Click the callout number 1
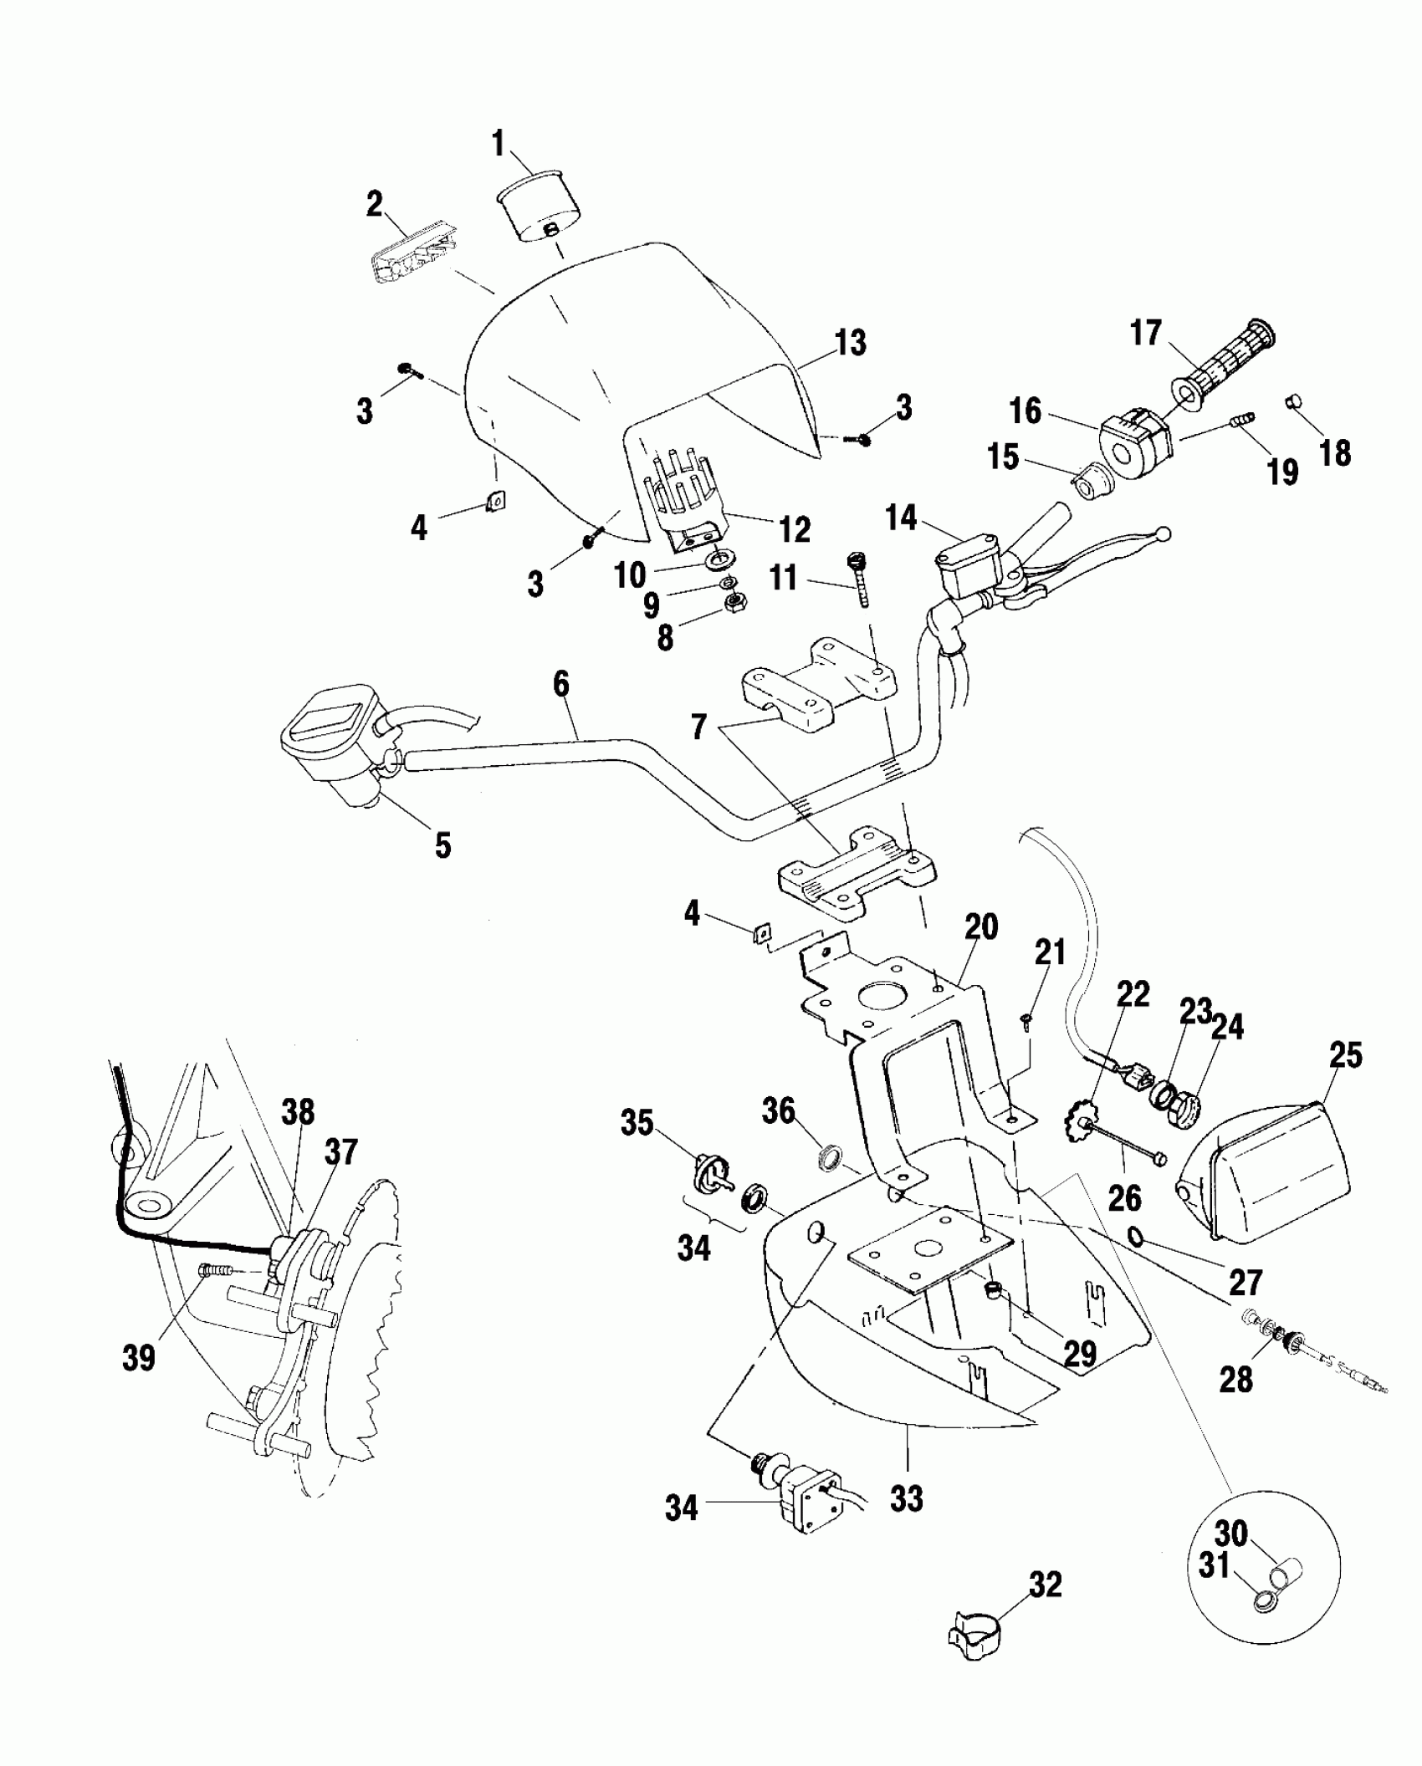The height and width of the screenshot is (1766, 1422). pos(499,144)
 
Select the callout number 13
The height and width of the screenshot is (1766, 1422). pos(850,343)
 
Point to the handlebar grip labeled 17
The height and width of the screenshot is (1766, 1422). pos(1224,365)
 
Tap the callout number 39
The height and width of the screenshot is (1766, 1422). pos(139,1358)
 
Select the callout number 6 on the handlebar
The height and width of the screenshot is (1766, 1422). pos(561,684)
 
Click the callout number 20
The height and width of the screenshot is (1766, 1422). pos(981,927)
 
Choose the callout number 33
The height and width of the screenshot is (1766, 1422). pos(907,1499)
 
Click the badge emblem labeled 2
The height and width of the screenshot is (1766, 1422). pos(407,260)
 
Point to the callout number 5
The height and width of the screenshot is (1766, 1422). pos(442,845)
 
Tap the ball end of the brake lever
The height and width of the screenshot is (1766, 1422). pos(1161,533)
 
